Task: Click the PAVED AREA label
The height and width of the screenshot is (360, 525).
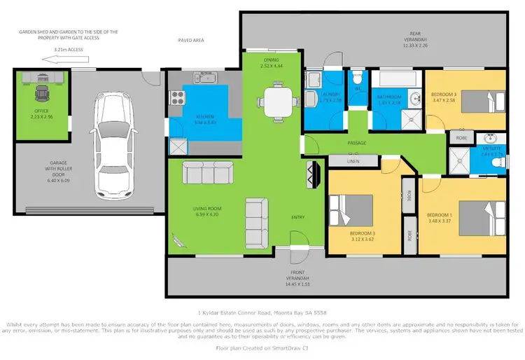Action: point(190,41)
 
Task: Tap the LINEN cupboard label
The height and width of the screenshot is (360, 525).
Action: point(353,161)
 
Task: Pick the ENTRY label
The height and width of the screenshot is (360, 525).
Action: point(297,217)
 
